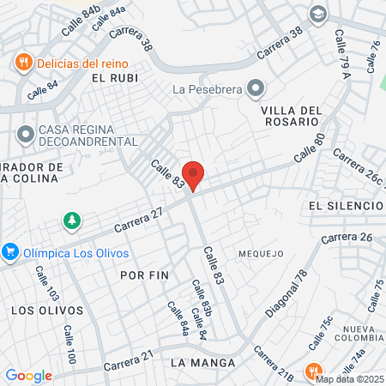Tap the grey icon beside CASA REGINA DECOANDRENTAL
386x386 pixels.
coord(24,135)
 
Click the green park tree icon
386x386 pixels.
coord(72,221)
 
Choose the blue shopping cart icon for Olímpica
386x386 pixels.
coord(11,252)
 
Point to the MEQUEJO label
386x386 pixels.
coord(261,253)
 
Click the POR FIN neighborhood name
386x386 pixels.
coord(144,275)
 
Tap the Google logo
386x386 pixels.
coord(28,375)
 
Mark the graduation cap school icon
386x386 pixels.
coord(318,14)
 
